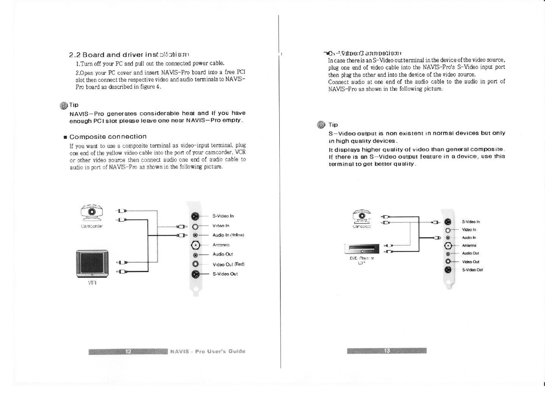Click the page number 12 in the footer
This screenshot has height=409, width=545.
(128, 351)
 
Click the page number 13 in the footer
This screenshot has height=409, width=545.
(387, 351)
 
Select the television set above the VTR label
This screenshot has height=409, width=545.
(92, 264)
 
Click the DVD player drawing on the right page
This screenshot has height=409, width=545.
(362, 249)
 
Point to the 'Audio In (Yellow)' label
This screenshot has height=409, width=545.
(228, 235)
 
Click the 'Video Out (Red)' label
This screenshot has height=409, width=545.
(228, 264)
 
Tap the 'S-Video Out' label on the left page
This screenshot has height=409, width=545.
(225, 274)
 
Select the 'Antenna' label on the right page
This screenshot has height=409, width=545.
(469, 245)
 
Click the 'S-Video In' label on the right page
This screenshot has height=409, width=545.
(471, 222)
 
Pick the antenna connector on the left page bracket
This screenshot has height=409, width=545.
(195, 245)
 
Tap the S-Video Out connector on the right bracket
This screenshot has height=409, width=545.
(448, 270)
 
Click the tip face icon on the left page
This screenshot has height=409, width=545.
(63, 105)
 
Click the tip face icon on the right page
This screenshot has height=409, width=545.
(321, 124)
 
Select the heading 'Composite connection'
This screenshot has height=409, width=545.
(108, 137)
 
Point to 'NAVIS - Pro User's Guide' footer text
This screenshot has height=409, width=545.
(208, 351)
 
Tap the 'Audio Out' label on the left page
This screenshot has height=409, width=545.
(223, 254)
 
